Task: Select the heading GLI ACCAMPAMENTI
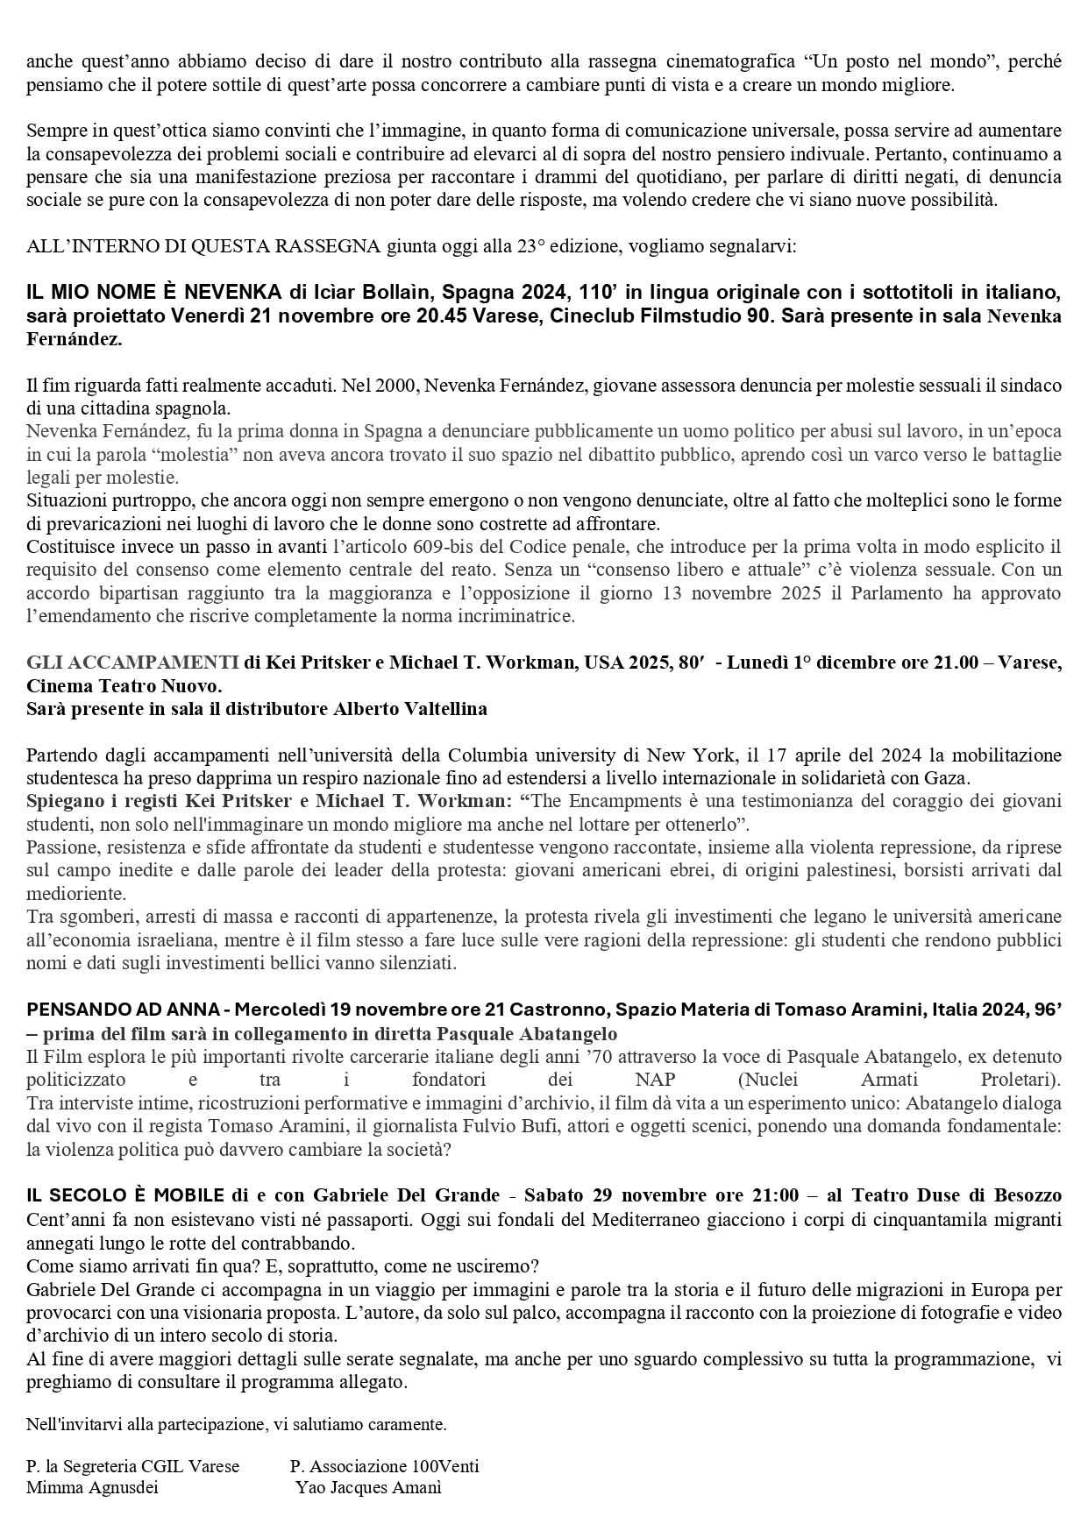[132, 662]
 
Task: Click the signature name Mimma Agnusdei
[92, 1487]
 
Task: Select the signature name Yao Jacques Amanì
[368, 1487]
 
